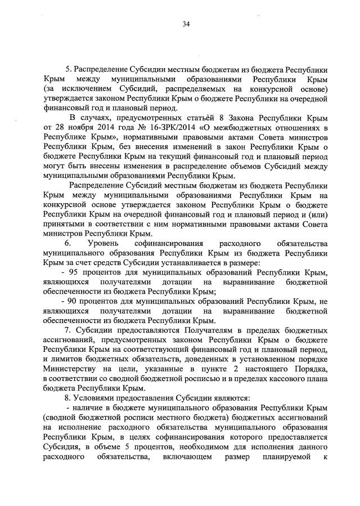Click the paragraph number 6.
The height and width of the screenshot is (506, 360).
click(x=67, y=244)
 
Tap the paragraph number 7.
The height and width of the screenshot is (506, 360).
click(x=67, y=329)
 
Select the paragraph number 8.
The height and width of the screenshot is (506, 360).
click(x=67, y=397)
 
